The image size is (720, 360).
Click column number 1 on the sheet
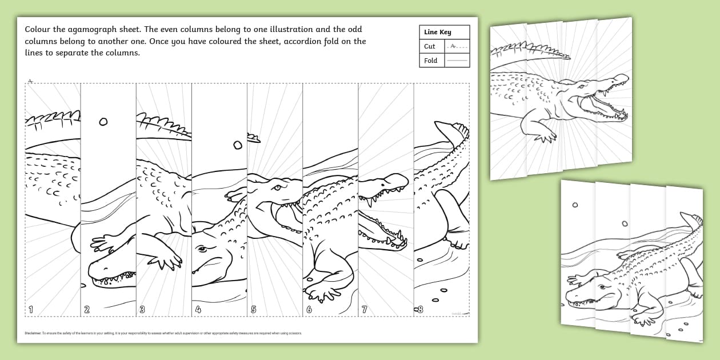(31, 310)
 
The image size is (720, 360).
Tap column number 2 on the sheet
(87, 310)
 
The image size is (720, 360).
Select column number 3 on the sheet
(142, 310)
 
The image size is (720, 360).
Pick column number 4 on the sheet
(198, 310)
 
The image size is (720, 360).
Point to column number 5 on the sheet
(253, 310)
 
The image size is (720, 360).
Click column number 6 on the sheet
(309, 310)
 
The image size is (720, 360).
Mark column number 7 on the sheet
(365, 310)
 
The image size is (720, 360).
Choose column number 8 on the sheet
(420, 310)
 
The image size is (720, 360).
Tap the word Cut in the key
(430, 46)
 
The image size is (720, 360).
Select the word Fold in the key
(430, 61)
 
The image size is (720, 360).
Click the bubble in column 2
(103, 121)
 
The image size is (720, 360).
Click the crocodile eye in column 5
(277, 187)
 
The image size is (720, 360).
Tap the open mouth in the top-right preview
(600, 106)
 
